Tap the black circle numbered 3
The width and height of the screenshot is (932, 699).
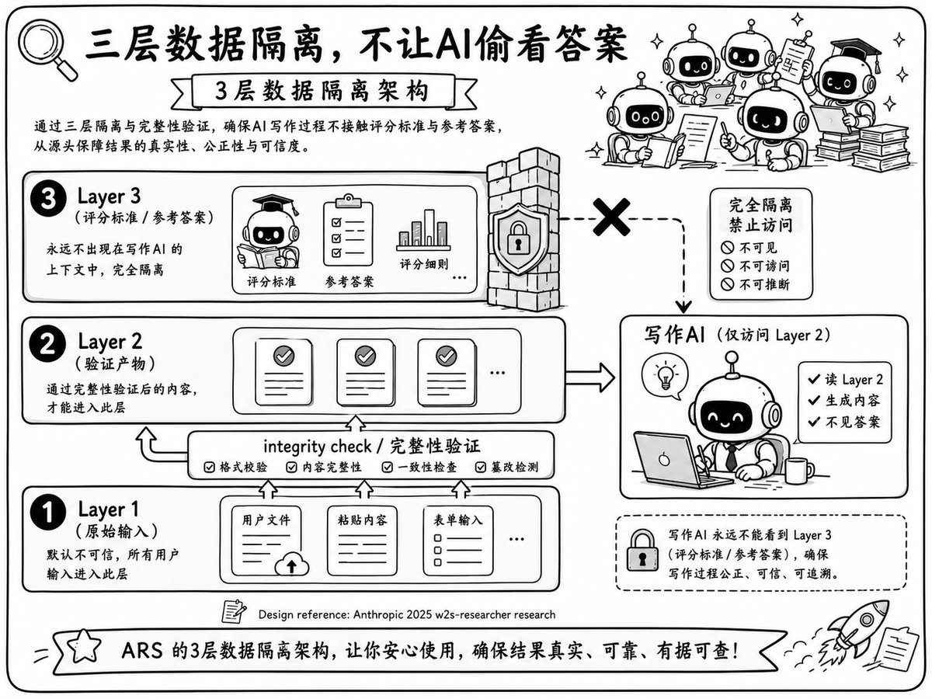[48, 199]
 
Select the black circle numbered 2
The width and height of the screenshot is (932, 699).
[47, 344]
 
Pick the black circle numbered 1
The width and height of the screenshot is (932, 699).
[48, 512]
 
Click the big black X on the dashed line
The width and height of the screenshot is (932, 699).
[611, 217]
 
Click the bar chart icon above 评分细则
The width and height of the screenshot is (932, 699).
[423, 230]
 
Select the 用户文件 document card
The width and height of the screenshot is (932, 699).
[267, 541]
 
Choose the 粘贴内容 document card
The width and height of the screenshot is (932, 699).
[362, 541]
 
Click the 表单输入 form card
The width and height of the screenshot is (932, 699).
[458, 541]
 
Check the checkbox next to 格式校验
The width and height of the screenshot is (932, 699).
[210, 468]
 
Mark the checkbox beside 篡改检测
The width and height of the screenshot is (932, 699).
[481, 468]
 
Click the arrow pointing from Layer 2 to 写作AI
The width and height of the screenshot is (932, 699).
[590, 377]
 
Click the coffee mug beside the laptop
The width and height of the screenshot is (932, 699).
[798, 471]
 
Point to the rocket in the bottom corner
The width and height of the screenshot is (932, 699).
[856, 628]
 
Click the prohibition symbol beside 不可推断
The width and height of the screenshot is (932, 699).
[727, 284]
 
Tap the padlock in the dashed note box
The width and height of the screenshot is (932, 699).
[642, 550]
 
